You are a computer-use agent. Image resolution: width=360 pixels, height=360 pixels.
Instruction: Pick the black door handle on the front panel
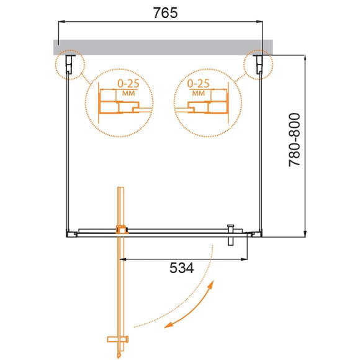230,236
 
